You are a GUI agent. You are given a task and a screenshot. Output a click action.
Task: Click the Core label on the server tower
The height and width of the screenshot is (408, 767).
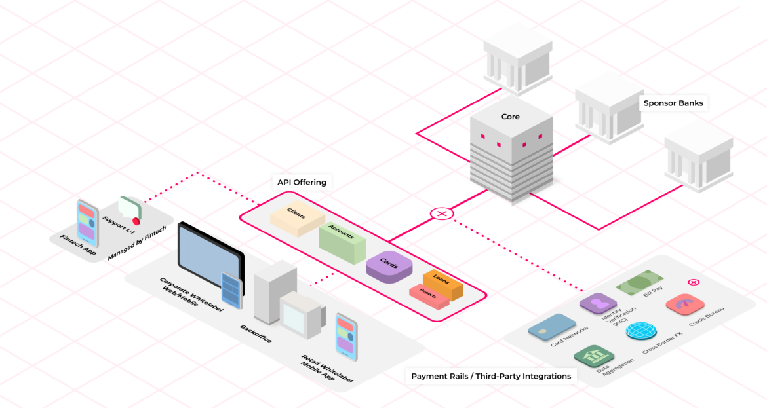tap(510, 117)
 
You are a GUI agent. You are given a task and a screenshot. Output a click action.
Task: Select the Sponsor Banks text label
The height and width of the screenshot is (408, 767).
tap(673, 103)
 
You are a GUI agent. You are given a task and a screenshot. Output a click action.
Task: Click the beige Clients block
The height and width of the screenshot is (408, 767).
tap(297, 220)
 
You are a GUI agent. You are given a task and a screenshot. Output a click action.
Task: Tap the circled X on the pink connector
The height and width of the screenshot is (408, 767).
tap(442, 213)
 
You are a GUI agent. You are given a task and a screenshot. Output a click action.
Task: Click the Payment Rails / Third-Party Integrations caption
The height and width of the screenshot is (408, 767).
tap(490, 376)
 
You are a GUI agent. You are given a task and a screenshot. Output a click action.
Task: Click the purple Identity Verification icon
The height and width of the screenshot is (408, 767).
tap(598, 304)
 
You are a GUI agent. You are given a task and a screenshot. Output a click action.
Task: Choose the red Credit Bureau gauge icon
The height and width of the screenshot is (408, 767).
tap(684, 305)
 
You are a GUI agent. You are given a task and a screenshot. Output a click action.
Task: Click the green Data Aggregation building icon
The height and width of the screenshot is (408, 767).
tap(593, 356)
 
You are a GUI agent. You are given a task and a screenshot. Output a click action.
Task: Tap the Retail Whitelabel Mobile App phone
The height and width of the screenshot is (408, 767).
tap(346, 335)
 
